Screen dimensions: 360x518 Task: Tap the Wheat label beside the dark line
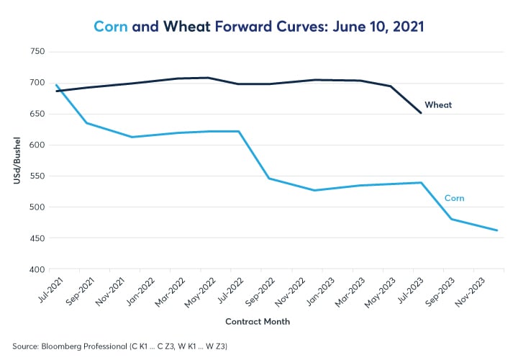(x=438, y=105)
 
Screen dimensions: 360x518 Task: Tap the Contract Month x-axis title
(x=258, y=321)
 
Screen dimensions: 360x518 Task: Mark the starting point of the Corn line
(x=56, y=85)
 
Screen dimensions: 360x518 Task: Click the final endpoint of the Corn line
(x=497, y=230)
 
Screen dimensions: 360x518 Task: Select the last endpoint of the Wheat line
(x=421, y=112)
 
